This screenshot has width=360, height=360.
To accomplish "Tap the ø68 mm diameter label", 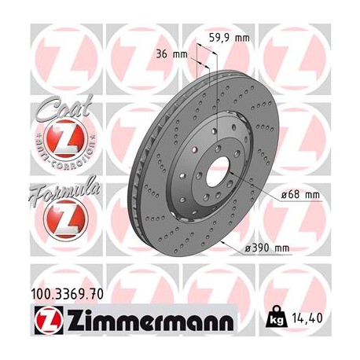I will pos(301,194).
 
